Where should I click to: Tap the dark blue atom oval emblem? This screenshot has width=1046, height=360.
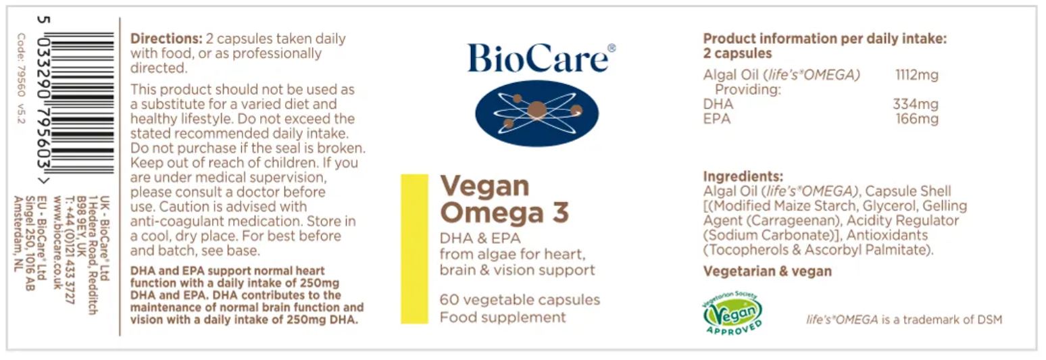(537, 113)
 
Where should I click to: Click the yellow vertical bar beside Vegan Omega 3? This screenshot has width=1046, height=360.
(414, 249)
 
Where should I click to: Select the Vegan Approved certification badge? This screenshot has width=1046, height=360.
(732, 312)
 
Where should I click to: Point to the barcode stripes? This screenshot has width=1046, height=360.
(82, 103)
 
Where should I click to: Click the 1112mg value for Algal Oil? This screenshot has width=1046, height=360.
(917, 75)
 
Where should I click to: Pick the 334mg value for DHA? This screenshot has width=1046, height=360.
(916, 103)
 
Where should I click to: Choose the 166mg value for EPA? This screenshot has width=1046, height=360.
(917, 119)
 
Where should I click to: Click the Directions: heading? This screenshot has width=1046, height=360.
(166, 38)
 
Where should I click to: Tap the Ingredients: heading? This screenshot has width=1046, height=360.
(743, 176)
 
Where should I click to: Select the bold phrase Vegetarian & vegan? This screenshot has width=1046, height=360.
(767, 272)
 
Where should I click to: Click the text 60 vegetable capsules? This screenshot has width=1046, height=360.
(520, 300)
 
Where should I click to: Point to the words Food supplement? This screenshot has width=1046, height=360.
(503, 317)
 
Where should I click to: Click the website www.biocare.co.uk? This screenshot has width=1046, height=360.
(58, 242)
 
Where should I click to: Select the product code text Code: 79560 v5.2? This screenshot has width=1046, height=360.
(21, 78)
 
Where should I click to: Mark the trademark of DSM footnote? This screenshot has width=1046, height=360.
(904, 320)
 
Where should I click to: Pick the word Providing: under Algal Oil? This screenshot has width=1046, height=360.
(747, 89)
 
